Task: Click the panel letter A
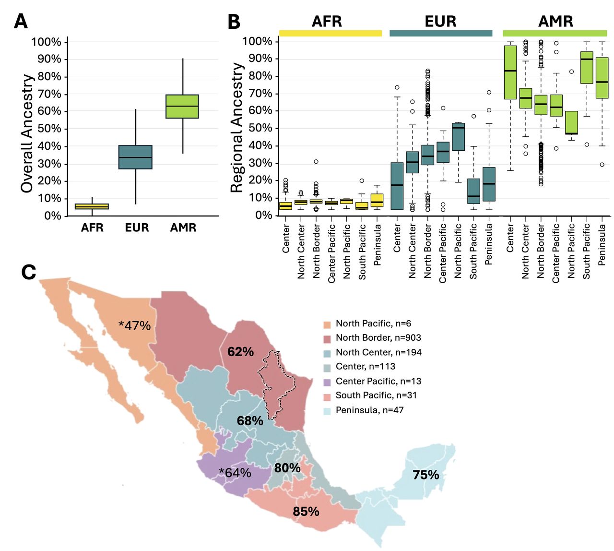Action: [21, 22]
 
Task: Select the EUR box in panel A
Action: [135, 157]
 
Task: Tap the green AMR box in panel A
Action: [182, 106]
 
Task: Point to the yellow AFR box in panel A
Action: [92, 206]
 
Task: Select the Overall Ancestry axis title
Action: [27, 133]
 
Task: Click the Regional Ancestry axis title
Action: [236, 127]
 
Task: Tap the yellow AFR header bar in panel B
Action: [331, 33]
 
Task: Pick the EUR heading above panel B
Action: [440, 21]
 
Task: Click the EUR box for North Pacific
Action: [458, 136]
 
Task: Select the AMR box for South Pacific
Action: [587, 67]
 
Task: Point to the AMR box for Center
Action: [510, 72]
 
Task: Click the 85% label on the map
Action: [306, 511]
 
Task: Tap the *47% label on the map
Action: [134, 325]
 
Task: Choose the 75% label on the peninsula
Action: [425, 475]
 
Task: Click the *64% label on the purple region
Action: [235, 472]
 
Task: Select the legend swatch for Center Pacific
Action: [327, 382]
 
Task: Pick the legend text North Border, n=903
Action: [378, 337]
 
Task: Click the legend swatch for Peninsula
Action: [327, 411]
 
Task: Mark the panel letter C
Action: [29, 272]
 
